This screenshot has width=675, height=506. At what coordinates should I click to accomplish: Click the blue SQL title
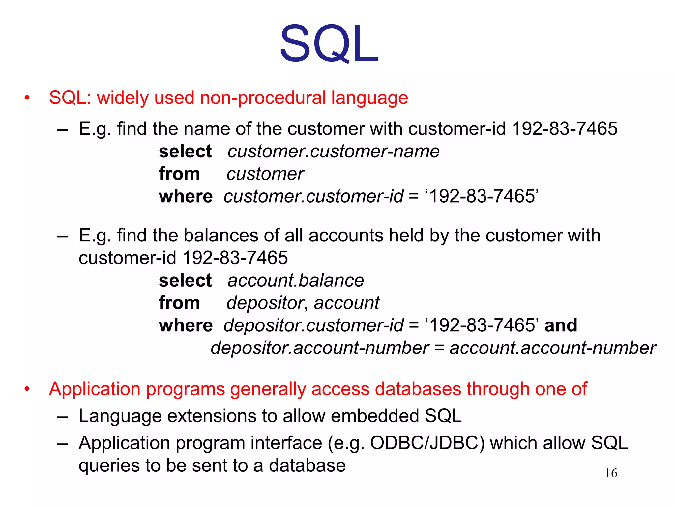[x=329, y=43]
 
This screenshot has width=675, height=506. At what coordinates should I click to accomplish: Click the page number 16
[x=611, y=473]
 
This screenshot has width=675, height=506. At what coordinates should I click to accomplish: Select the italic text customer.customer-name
[x=334, y=152]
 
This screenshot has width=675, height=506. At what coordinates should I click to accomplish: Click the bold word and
[x=561, y=325]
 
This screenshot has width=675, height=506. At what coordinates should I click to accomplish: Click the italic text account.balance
[x=296, y=281]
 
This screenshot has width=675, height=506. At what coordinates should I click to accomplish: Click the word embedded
[x=375, y=416]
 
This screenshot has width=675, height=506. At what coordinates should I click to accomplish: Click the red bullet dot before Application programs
[x=27, y=389]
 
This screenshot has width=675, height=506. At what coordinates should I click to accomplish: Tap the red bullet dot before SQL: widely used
[x=27, y=98]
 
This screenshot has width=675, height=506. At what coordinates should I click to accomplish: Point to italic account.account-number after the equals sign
[x=553, y=348]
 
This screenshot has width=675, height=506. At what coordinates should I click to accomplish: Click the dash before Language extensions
[x=62, y=417]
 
